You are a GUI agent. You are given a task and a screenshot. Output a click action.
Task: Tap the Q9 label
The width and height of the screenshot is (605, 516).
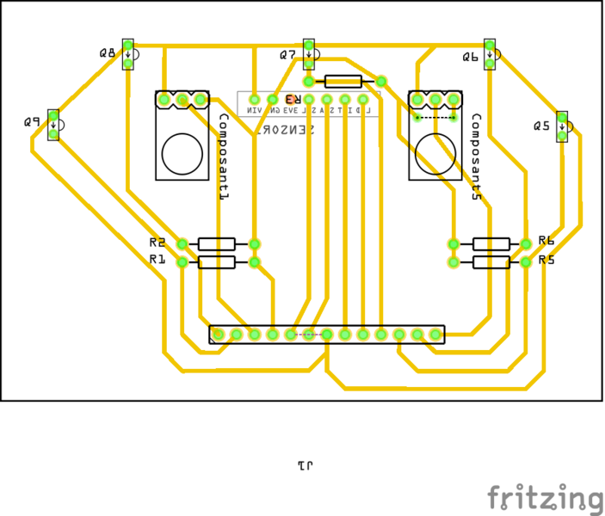click(x=33, y=123)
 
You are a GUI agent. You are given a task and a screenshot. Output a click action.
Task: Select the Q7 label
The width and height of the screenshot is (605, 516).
click(x=287, y=55)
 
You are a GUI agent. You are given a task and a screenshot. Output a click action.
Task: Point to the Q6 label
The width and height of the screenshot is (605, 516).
click(x=470, y=57)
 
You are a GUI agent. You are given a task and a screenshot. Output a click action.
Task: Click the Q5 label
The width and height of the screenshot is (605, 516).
click(x=541, y=126)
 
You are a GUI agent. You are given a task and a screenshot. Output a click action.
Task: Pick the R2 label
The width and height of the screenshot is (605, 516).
click(x=157, y=243)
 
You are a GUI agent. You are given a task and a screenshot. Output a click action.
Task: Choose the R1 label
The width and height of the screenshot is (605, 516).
click(x=157, y=259)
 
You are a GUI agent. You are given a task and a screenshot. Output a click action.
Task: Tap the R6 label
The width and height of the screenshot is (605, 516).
click(x=546, y=241)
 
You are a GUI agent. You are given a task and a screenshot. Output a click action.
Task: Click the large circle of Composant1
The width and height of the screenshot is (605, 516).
click(x=182, y=153)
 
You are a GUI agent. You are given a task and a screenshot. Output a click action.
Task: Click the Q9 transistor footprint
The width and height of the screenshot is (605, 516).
click(x=53, y=126)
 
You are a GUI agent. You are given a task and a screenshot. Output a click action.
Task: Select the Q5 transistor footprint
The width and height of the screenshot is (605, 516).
click(x=562, y=126)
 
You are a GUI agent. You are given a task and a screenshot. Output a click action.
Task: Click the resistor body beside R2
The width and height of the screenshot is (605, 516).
click(x=217, y=244)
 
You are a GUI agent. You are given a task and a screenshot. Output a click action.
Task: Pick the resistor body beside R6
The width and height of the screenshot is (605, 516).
click(x=491, y=244)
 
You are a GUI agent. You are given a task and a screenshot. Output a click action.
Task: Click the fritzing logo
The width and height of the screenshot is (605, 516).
click(x=546, y=498)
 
